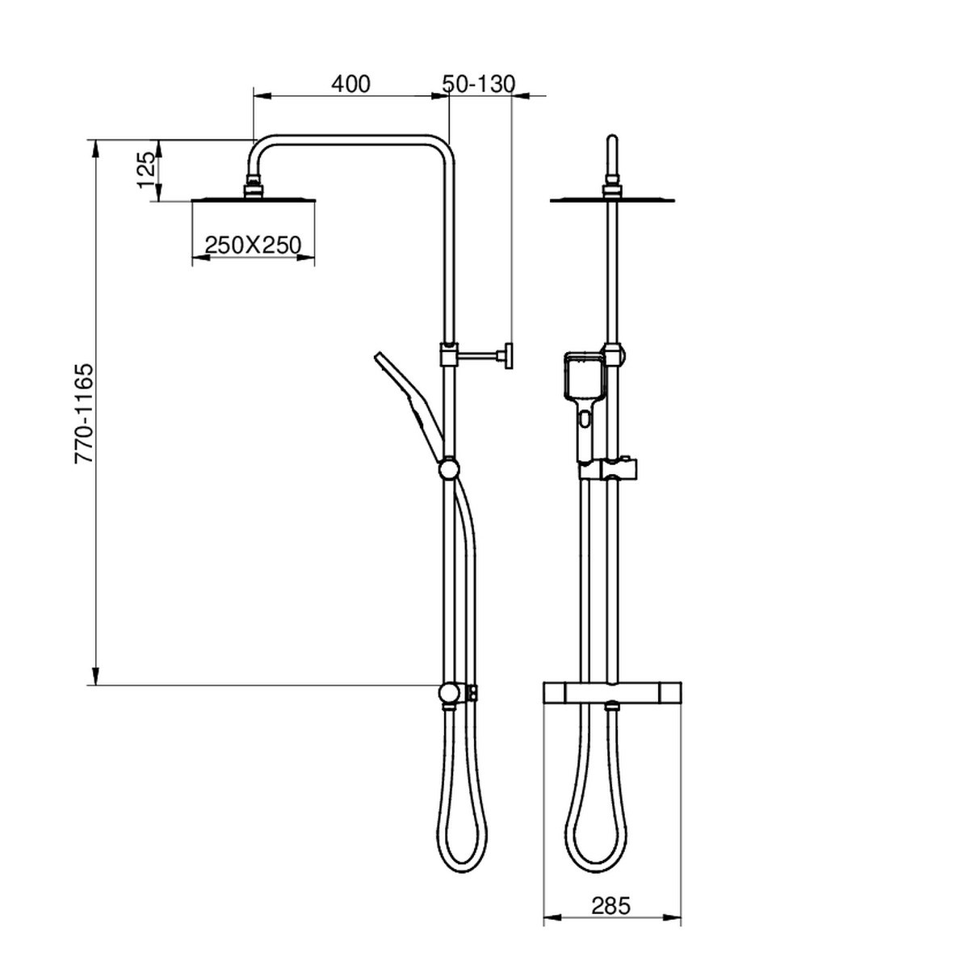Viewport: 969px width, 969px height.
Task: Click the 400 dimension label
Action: tap(350, 84)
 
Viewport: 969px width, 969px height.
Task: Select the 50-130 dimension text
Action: tap(479, 84)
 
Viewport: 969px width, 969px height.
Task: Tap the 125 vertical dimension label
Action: tap(146, 170)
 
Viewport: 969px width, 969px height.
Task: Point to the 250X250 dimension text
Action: tap(253, 245)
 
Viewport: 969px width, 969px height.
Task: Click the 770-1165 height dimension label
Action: tap(84, 413)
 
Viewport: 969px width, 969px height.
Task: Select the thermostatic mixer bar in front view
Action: tap(612, 692)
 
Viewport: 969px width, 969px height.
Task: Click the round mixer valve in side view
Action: tap(448, 693)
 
